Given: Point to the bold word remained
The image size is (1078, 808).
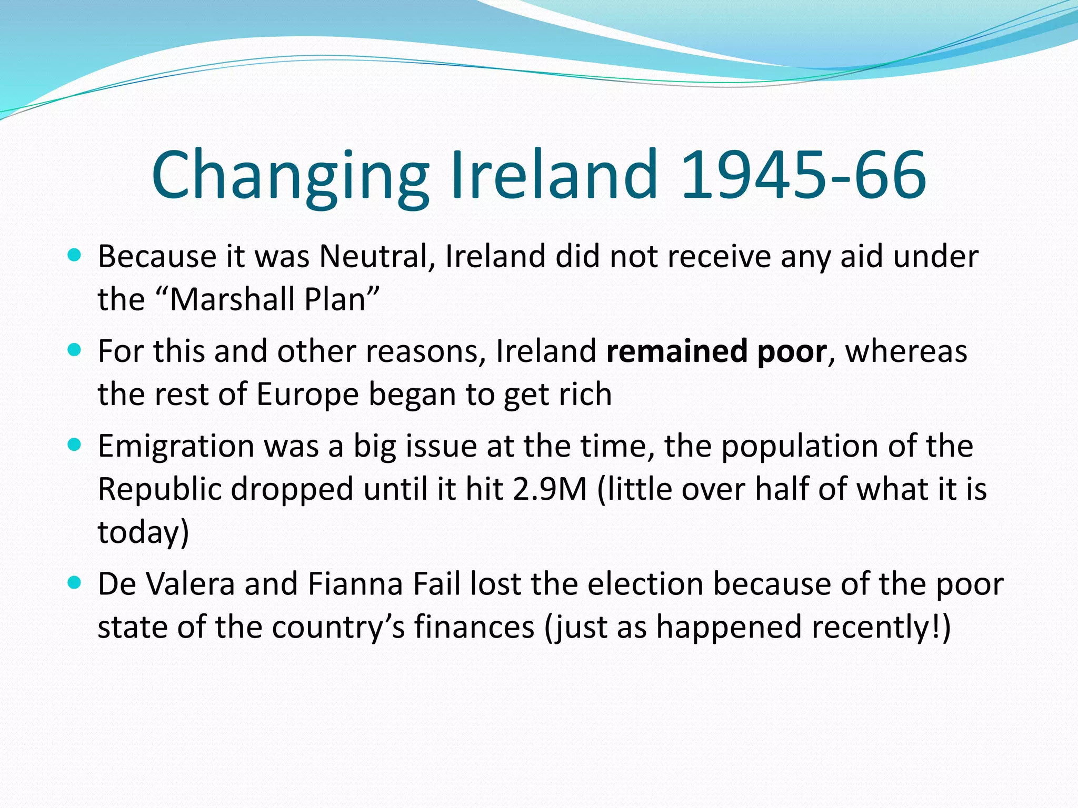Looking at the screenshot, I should coord(676,351).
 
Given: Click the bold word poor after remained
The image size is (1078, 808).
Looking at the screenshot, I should coord(792,351).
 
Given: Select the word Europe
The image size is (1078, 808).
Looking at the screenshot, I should coord(307,395).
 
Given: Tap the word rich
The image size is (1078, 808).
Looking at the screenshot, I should coord(585,395).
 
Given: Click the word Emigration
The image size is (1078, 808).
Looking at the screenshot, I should coord(176,447).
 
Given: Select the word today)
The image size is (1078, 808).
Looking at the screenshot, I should coord(143,532).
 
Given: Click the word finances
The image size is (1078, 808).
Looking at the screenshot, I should coord(474,627).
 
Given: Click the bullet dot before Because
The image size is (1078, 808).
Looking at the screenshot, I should coord(75,256).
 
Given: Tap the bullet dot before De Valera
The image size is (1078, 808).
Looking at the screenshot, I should coord(75,583).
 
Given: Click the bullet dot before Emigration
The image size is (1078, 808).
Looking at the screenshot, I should coord(75,446).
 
